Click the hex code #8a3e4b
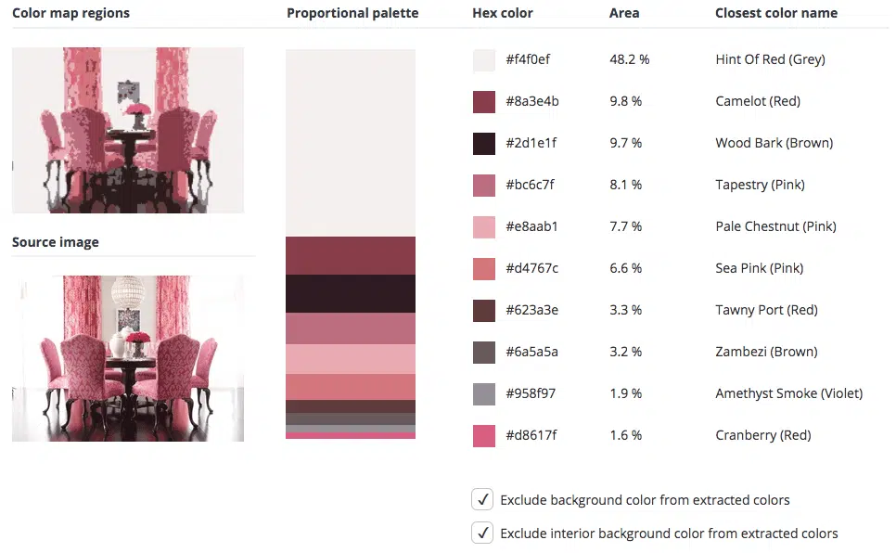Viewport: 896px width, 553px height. [532, 101]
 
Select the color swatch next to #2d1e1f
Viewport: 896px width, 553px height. [484, 144]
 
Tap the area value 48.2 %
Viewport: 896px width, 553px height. [629, 59]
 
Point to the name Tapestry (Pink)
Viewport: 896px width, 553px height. [760, 185]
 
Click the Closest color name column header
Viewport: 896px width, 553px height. [776, 13]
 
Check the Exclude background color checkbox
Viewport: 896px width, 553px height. [482, 499]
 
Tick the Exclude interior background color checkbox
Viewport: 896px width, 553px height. [482, 533]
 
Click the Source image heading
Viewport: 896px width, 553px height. [56, 242]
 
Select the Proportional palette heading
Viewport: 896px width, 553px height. [352, 13]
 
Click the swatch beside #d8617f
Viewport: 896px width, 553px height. [484, 436]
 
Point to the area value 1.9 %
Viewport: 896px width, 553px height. [626, 393]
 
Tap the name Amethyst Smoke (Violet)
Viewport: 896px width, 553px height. [789, 393]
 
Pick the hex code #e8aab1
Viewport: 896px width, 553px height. [531, 226]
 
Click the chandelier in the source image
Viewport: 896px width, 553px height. [128, 291]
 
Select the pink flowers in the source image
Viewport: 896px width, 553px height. [137, 337]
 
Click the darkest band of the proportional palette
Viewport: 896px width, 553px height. [351, 294]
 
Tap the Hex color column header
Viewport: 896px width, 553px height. [503, 13]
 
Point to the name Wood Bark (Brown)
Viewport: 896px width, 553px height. [774, 143]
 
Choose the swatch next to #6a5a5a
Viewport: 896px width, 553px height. [484, 353]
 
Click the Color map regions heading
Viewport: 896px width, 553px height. [70, 13]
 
